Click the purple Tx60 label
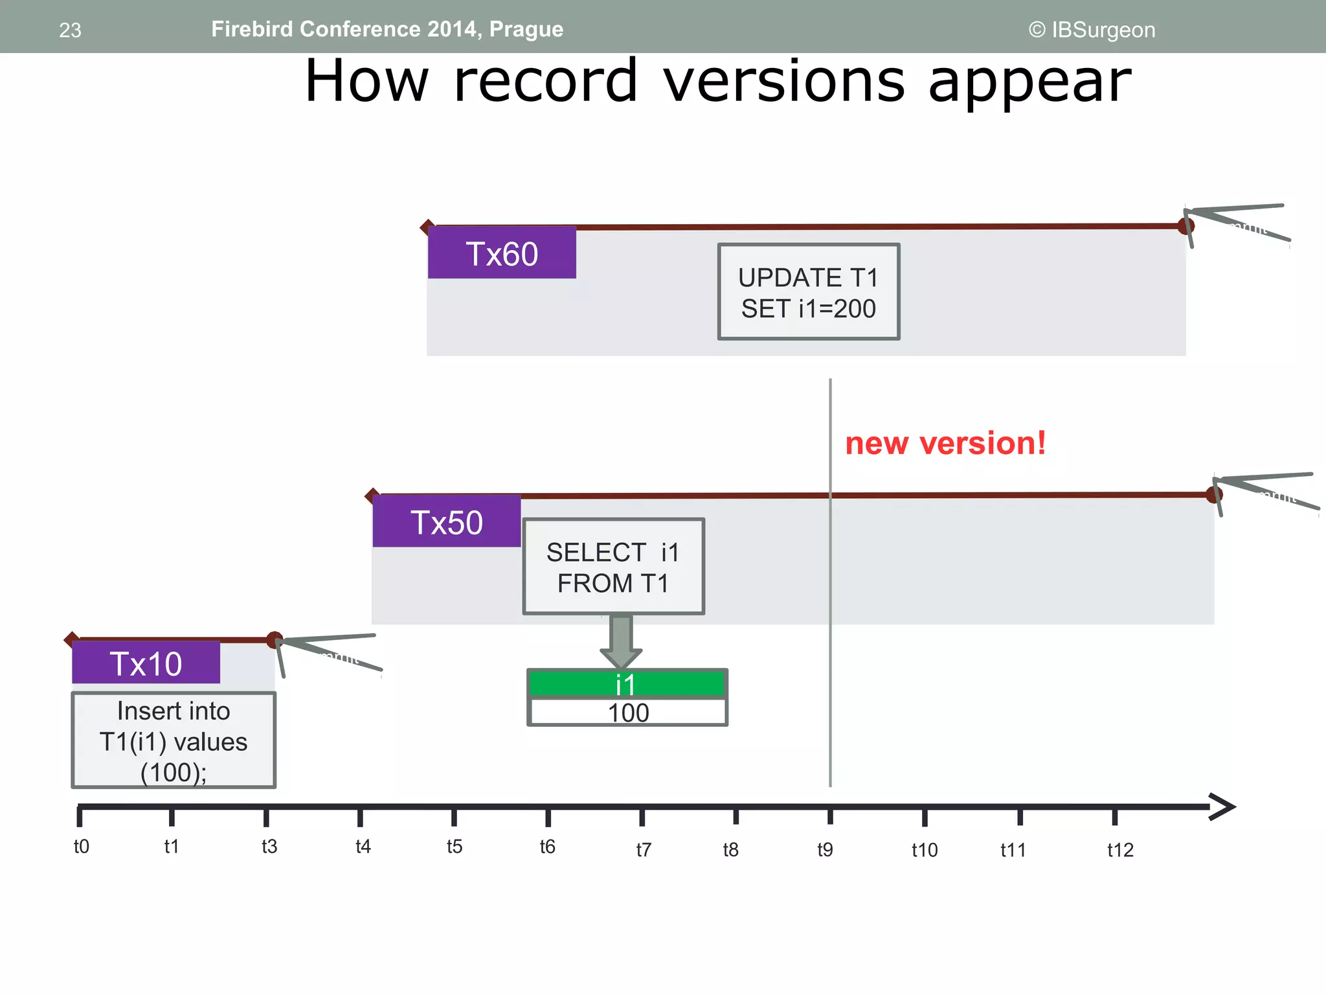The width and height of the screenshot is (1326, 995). [502, 253]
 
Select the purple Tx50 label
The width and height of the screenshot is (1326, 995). [447, 521]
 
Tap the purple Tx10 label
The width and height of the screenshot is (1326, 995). [146, 663]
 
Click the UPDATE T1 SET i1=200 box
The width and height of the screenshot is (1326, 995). [809, 292]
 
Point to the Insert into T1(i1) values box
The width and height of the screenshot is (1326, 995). [174, 740]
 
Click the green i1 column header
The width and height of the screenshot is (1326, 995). [627, 684]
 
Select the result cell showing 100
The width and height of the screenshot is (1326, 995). [628, 713]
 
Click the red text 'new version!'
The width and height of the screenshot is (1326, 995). [945, 444]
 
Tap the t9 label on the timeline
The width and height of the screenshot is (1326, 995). [825, 849]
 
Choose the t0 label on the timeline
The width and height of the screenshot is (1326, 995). [82, 847]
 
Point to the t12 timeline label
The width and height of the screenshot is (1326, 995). [1120, 850]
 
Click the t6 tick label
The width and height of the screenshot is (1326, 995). [548, 847]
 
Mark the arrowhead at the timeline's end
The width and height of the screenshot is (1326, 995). [1222, 806]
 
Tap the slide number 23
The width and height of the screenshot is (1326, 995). [70, 30]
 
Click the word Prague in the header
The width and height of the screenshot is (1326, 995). [526, 29]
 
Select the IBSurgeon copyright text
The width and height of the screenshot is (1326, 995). [1092, 30]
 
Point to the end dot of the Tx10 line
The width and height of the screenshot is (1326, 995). [275, 639]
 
